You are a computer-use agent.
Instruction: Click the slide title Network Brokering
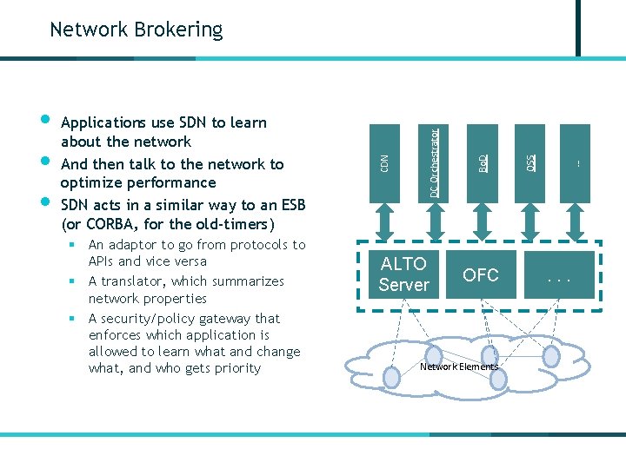(136, 30)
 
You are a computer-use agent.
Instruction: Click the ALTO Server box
(404, 274)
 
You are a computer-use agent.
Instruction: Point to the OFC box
(480, 275)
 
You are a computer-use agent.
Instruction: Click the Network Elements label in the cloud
(459, 367)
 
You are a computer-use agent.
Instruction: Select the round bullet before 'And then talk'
(46, 161)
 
